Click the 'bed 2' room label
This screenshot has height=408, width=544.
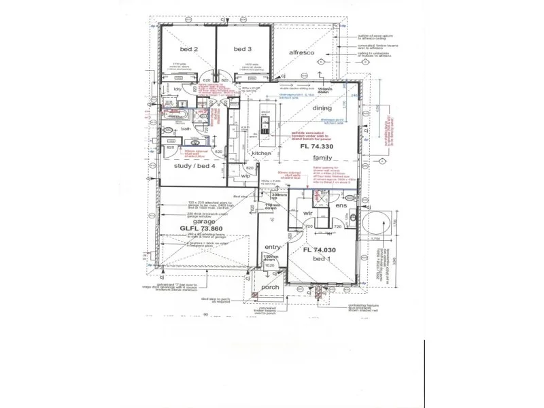pos(189,50)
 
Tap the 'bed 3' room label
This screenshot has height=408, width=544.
pos(242,50)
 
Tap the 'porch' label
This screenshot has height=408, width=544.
pos(271,288)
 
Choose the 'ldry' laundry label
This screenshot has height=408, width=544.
pos(176,89)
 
